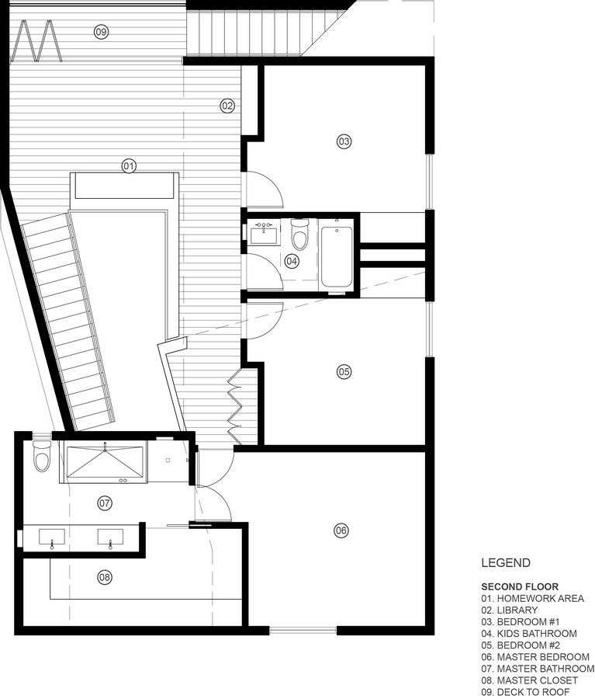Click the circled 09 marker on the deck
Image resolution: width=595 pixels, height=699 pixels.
pyautogui.click(x=101, y=32)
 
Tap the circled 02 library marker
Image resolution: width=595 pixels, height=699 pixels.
pyautogui.click(x=227, y=106)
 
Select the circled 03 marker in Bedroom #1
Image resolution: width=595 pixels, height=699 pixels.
pyautogui.click(x=344, y=142)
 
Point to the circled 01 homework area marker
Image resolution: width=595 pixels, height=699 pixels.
pyautogui.click(x=129, y=166)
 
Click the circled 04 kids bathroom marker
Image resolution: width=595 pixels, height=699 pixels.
pyautogui.click(x=292, y=261)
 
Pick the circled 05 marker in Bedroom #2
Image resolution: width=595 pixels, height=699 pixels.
pyautogui.click(x=344, y=371)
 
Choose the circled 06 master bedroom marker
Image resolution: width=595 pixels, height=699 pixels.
pyautogui.click(x=341, y=530)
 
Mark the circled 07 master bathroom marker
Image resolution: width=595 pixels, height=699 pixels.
pyautogui.click(x=105, y=503)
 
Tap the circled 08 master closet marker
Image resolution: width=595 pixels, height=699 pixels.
pyautogui.click(x=105, y=577)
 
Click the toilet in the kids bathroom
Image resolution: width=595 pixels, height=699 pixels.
pyautogui.click(x=299, y=234)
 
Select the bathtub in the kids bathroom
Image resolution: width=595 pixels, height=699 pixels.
pyautogui.click(x=337, y=257)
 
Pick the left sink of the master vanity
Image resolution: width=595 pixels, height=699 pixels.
pyautogui.click(x=52, y=537)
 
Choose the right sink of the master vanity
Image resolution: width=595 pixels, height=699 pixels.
pyautogui.click(x=110, y=537)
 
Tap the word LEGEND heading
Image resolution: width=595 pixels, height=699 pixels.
pyautogui.click(x=506, y=562)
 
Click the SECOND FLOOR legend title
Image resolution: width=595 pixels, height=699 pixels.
pyautogui.click(x=520, y=586)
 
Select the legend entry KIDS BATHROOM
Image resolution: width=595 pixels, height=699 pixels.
pyautogui.click(x=529, y=634)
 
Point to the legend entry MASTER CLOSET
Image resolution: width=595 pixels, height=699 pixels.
pyautogui.click(x=530, y=680)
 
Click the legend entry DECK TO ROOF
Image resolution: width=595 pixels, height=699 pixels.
pyautogui.click(x=525, y=692)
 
